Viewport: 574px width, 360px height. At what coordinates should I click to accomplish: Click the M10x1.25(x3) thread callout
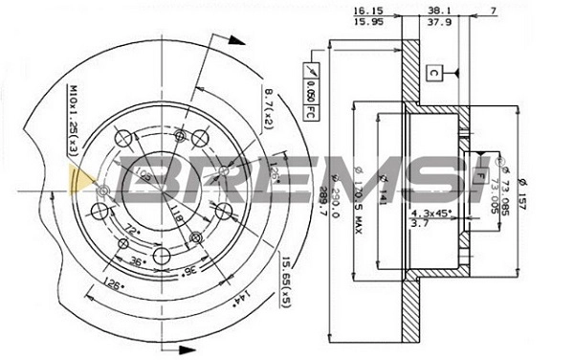pos(72,119)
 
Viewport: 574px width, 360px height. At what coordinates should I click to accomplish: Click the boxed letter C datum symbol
pos(432,72)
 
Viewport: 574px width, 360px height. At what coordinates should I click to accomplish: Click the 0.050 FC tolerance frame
pos(312,90)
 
